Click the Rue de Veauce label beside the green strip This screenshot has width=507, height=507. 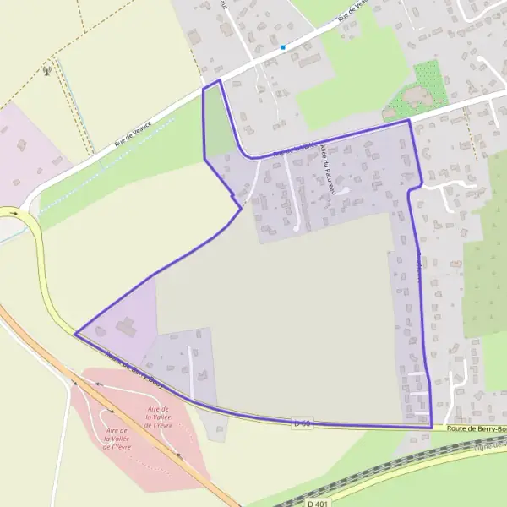[134, 135]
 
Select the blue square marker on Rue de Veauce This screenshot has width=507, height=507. [283, 46]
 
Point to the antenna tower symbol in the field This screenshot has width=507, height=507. [48, 69]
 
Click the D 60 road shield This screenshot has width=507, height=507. [303, 422]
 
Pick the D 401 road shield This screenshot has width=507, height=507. [317, 503]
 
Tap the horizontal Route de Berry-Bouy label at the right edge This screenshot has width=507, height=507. [477, 429]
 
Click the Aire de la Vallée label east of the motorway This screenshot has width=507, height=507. [159, 417]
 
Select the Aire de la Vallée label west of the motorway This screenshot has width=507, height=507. [116, 438]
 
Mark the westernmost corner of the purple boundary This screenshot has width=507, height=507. [75, 334]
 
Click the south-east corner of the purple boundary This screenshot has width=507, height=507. [431, 427]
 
